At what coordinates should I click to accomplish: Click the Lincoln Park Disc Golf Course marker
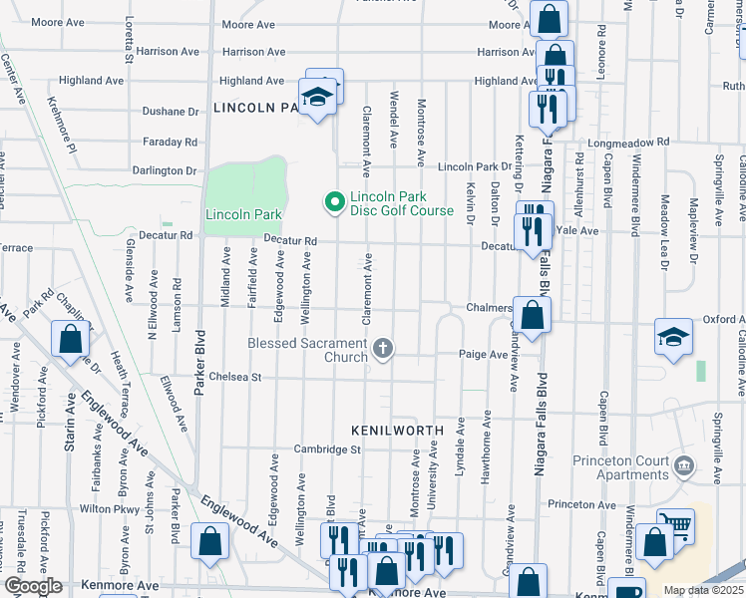(x=335, y=202)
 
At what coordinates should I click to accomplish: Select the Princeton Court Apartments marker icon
(x=684, y=465)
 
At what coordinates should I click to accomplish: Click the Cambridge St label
(x=326, y=449)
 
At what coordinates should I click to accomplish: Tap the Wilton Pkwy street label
(x=110, y=508)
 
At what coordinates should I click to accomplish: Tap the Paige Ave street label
(x=484, y=354)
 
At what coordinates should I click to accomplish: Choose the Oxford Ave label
(x=723, y=320)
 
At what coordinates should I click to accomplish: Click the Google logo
(x=32, y=586)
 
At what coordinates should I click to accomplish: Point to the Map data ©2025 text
(x=703, y=590)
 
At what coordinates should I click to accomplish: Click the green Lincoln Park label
(x=243, y=214)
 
